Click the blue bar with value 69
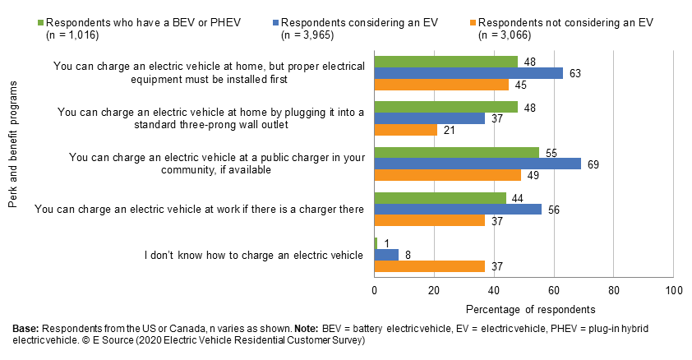coord(477,164)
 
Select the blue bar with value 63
coord(468,73)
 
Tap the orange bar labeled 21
coord(405,130)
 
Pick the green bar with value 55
coord(456,152)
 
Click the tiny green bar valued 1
coord(376,242)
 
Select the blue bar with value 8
coord(385,254)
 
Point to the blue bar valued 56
coord(458,209)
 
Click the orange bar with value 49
coord(447,175)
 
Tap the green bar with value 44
coord(440,197)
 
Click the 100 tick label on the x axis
coord(673,290)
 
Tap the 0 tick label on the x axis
coord(375,290)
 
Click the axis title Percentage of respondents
coord(524,310)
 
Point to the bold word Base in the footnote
coord(25,328)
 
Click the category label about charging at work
coord(199,210)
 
